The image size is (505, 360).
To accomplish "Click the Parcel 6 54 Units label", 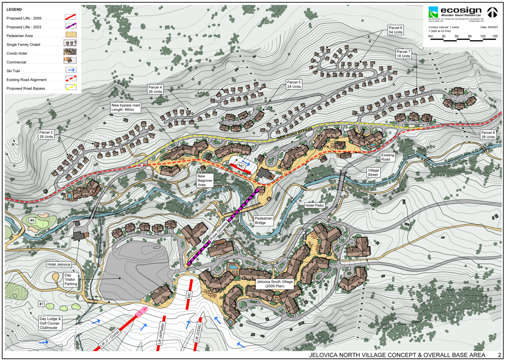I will click(395, 30).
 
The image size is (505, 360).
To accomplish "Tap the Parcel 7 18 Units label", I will click(403, 54).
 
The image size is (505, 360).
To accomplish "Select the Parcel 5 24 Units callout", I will click(294, 85).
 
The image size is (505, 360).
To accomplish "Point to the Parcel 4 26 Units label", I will click(155, 89).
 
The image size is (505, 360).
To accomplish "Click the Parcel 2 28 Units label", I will click(46, 135).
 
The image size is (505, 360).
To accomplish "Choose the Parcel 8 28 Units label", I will click(488, 135).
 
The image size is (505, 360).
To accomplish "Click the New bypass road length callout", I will click(126, 107).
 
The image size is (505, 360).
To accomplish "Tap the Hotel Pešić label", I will click(315, 205).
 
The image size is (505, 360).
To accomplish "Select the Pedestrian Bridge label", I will click(263, 220).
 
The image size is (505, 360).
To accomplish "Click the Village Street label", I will click(373, 172).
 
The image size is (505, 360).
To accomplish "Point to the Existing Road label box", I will click(388, 157).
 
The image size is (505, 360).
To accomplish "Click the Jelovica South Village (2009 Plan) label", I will click(275, 284).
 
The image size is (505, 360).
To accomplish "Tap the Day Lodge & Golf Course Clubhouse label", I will click(50, 323).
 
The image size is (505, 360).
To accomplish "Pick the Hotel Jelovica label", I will click(59, 264).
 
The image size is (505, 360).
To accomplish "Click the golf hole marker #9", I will click(32, 220).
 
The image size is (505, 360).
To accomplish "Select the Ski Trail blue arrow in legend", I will click(70, 70).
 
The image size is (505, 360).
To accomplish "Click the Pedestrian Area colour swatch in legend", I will click(70, 35).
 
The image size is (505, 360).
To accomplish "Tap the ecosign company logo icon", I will click(433, 12).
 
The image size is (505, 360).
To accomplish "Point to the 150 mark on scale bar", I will click(495, 36).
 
